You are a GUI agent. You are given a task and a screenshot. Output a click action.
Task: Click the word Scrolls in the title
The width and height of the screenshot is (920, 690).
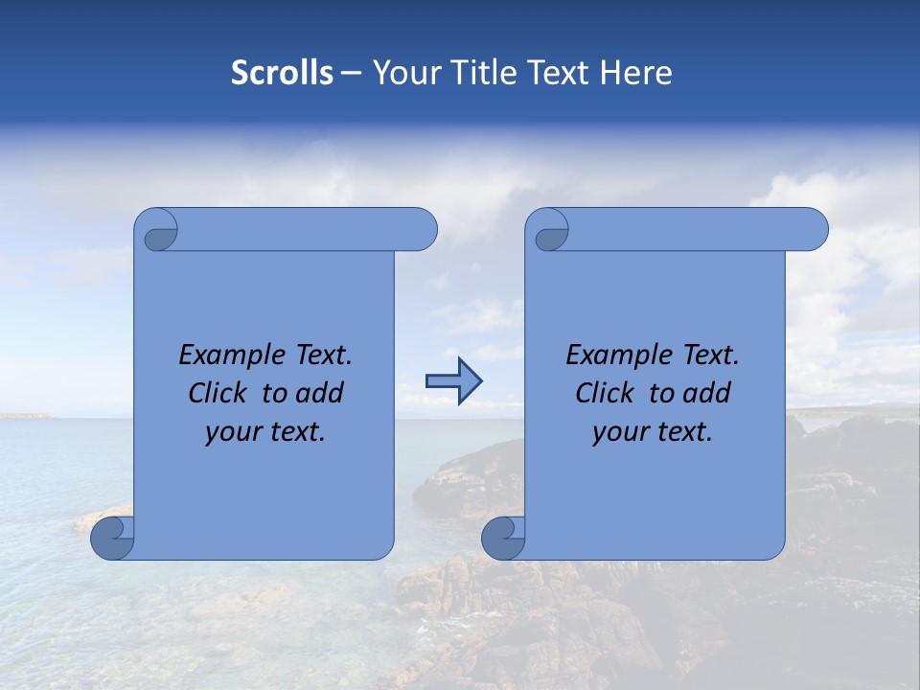(x=283, y=73)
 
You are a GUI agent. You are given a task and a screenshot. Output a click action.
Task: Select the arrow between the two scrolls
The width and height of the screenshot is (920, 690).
(x=453, y=381)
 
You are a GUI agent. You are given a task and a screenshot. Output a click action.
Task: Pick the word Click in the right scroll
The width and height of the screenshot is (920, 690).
(x=605, y=393)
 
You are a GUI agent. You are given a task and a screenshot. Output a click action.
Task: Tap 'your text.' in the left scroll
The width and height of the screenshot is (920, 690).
(x=265, y=432)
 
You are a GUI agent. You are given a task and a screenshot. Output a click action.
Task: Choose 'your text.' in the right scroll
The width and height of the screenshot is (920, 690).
(x=653, y=432)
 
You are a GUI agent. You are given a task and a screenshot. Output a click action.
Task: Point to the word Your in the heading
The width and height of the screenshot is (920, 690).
(x=402, y=73)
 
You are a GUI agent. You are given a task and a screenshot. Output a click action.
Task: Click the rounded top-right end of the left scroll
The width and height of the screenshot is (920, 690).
(x=422, y=230)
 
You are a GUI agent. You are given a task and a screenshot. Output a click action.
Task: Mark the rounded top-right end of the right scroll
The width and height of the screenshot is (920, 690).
(x=813, y=230)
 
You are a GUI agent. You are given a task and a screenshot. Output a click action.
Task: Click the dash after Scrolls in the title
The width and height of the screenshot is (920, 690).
(x=351, y=73)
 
